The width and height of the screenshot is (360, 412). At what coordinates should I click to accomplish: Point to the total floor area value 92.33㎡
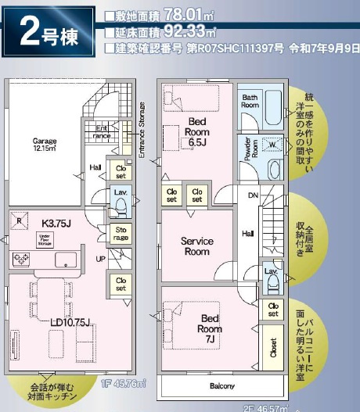[x=190, y=31]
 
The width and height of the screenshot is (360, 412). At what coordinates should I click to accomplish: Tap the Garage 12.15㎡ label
[x=45, y=145]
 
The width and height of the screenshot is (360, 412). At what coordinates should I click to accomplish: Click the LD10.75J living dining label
[x=71, y=322]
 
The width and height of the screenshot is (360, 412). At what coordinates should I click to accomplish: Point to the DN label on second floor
[x=253, y=196]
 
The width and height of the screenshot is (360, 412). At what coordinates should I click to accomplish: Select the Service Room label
[x=197, y=246]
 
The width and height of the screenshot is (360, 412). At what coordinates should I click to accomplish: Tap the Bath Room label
[x=250, y=100]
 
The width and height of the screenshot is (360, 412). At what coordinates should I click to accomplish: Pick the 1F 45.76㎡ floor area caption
[x=129, y=383]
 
